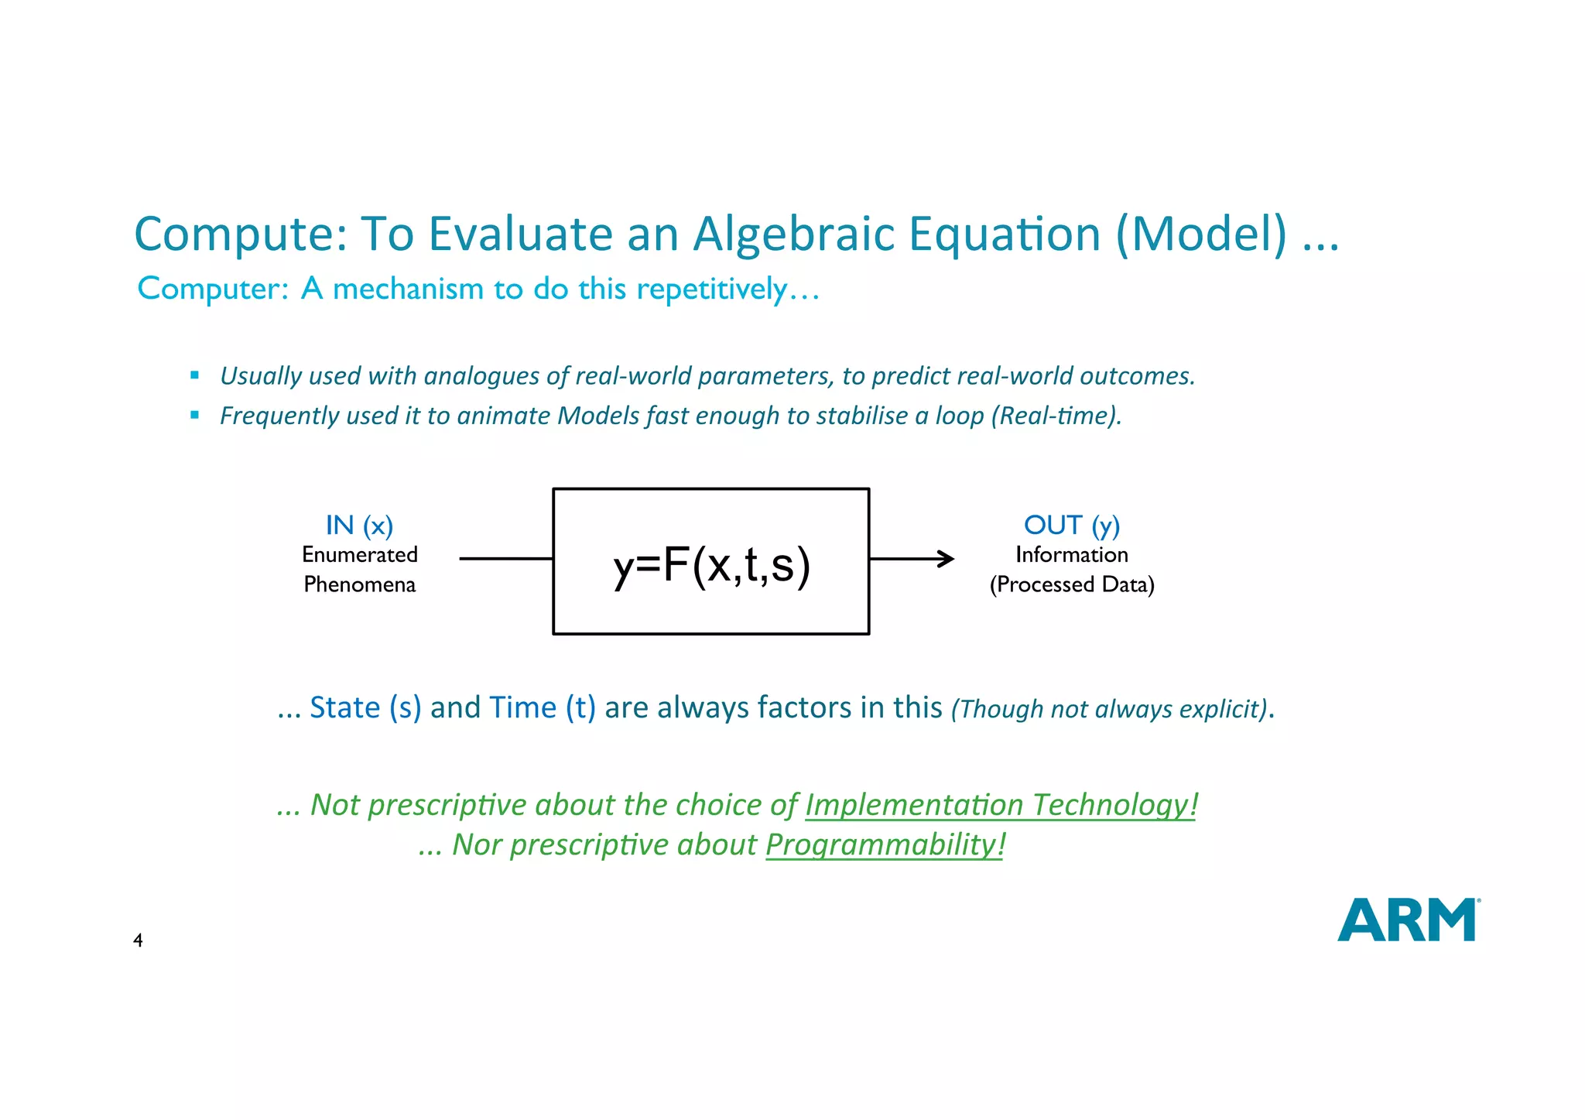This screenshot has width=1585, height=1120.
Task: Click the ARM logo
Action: coord(1408,920)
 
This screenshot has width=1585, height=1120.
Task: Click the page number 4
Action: coord(138,940)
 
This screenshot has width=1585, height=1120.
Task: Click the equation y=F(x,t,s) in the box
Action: coord(711,564)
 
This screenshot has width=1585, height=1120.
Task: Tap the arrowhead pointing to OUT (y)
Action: coord(947,558)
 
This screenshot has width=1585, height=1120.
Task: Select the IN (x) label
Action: coord(359,526)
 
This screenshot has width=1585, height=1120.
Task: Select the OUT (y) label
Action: coord(1071,526)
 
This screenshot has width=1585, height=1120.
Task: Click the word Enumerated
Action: coord(359,555)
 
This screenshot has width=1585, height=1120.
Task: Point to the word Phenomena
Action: coord(359,584)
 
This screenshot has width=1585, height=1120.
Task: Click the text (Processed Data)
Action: coord(1071,584)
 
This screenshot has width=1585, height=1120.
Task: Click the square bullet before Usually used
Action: coord(194,375)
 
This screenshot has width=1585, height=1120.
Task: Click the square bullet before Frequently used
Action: coord(194,415)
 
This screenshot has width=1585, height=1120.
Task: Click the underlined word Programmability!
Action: coord(885,844)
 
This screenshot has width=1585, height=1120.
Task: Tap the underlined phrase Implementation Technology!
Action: coord(1001,805)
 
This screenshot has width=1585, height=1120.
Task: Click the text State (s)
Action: coord(365,707)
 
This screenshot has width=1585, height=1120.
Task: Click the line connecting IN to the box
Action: coord(505,558)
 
